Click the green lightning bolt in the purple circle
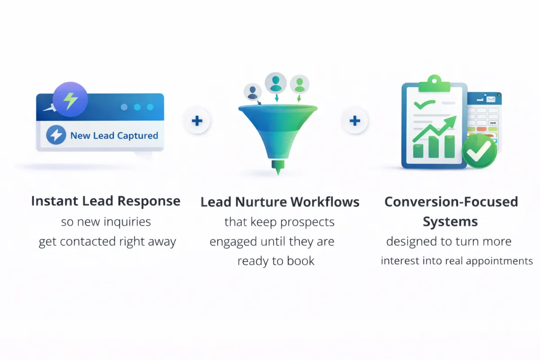[70, 100]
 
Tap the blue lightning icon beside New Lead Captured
[56, 135]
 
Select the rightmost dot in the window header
[150, 108]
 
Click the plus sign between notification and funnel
[197, 121]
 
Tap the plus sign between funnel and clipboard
[355, 121]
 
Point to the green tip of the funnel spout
[278, 170]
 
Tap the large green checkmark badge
[480, 151]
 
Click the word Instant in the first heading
[47, 201]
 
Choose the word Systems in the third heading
[450, 222]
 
